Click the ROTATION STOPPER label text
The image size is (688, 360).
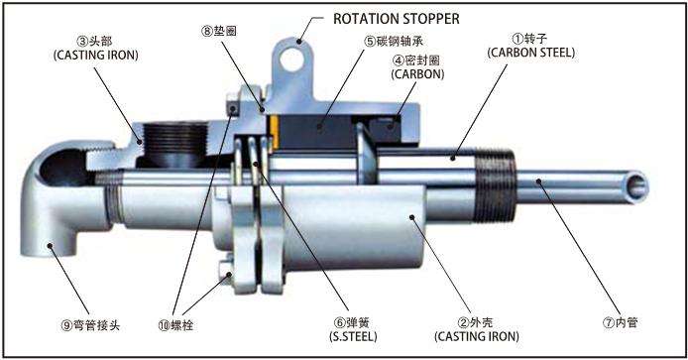pyautogui.click(x=397, y=19)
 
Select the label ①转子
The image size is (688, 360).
pyautogui.click(x=530, y=39)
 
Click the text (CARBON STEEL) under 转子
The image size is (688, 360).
pyautogui.click(x=531, y=53)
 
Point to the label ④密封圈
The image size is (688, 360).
pyautogui.click(x=416, y=60)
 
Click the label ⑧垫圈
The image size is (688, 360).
pyautogui.click(x=219, y=31)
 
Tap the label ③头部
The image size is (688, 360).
pyautogui.click(x=94, y=42)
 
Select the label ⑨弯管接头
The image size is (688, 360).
pyautogui.click(x=90, y=325)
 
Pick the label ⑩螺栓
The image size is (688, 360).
pyautogui.click(x=175, y=325)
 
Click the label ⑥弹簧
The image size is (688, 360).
pyautogui.click(x=352, y=323)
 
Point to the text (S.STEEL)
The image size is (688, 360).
pyautogui.click(x=353, y=337)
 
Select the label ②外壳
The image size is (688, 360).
pyautogui.click(x=475, y=323)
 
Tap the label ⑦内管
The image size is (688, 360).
pyautogui.click(x=620, y=323)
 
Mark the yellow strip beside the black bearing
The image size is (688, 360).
pyautogui.click(x=275, y=132)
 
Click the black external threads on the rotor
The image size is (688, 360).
pyautogui.click(x=496, y=185)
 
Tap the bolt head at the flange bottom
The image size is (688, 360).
pyautogui.click(x=225, y=272)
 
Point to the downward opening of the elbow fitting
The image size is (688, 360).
pyautogui.click(x=50, y=250)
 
